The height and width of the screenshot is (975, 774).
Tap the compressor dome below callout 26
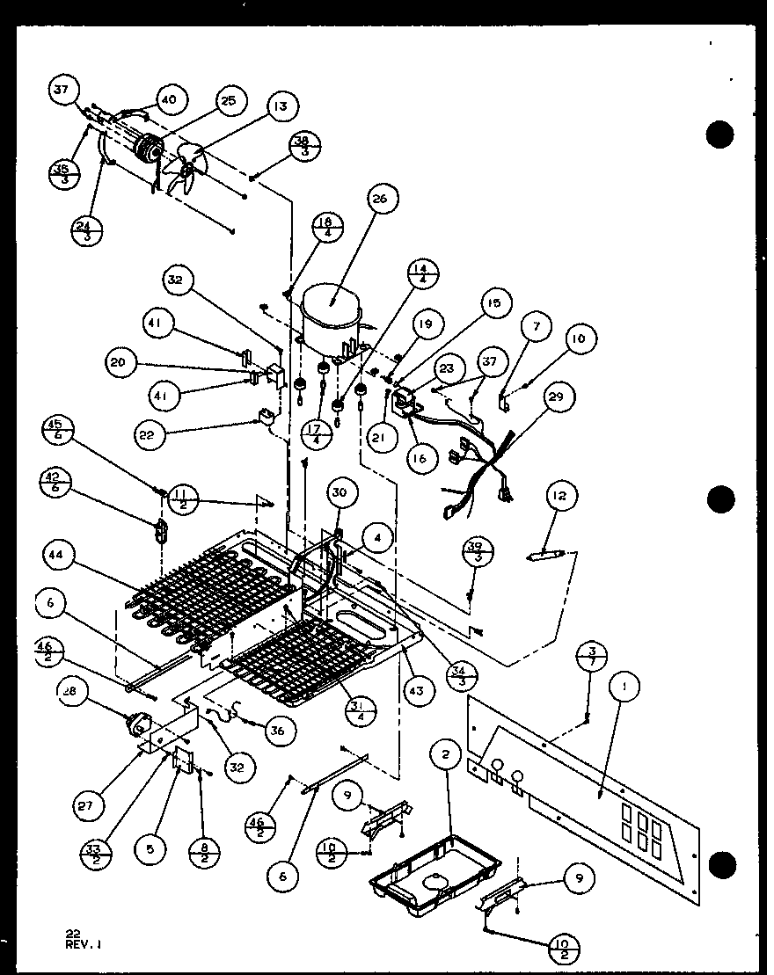coord(331,311)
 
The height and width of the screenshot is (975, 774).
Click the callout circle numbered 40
coord(169,100)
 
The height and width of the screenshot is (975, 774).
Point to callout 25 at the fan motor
coord(229,102)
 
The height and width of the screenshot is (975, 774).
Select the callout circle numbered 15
coord(494,304)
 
